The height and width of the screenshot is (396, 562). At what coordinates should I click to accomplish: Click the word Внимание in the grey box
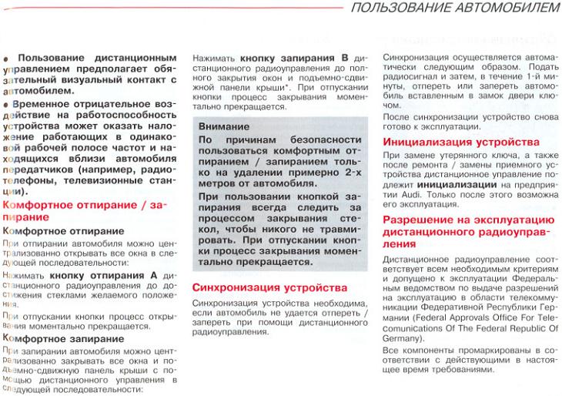tap(222, 125)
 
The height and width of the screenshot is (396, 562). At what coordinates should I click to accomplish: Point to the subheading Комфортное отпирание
tap(63, 230)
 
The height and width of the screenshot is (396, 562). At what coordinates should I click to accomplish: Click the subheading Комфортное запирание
tap(63, 337)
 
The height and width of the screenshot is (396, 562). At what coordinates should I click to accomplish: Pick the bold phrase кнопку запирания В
tap(293, 58)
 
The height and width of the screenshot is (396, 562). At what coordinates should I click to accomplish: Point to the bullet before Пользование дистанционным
tap(8, 59)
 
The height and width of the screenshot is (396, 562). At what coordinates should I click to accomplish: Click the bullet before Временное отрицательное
tap(8, 102)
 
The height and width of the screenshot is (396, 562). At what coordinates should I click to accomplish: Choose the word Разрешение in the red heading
tap(416, 220)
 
